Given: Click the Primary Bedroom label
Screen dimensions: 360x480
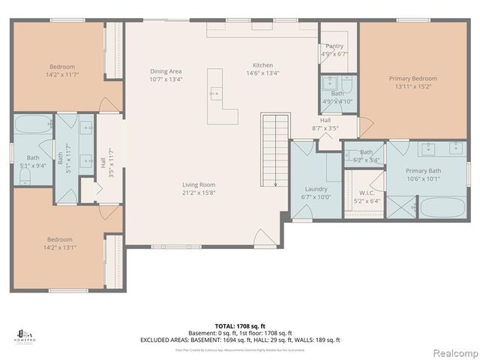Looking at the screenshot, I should coord(412,78).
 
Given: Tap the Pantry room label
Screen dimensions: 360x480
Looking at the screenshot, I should coord(334,46).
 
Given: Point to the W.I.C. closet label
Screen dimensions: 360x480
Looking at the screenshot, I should coord(367,193).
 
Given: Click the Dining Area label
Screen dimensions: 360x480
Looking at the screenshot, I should coord(166,71).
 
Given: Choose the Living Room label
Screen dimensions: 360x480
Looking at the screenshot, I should coord(199,184).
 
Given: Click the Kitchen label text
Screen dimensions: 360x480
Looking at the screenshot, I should coord(262,65).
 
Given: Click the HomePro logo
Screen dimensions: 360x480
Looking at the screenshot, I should coord(25,333).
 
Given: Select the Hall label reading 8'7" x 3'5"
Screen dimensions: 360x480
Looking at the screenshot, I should coord(325,127).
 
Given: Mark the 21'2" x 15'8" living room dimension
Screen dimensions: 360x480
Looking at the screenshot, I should coord(199,192).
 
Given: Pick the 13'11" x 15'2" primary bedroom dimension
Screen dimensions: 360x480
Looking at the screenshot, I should coord(412,86).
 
